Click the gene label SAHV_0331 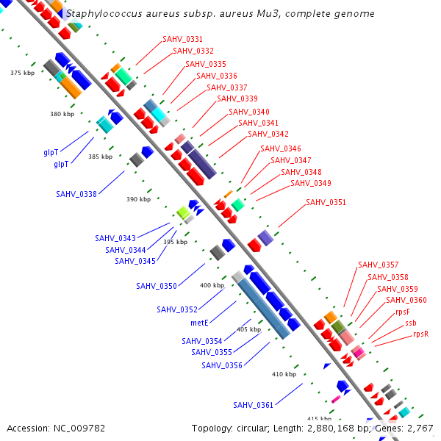pyautogui.click(x=182, y=39)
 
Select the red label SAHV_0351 pyautogui.click(x=326, y=202)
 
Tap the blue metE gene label pyautogui.click(x=199, y=323)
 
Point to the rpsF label pyautogui.click(x=403, y=312)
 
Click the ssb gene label pyautogui.click(x=411, y=323)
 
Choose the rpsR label pyautogui.click(x=420, y=334)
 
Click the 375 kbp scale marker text pyautogui.click(x=23, y=73)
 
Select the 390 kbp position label pyautogui.click(x=139, y=199)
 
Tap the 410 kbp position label pyautogui.click(x=284, y=374)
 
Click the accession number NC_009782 pyautogui.click(x=79, y=429)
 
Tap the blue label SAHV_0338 pyautogui.click(x=76, y=194)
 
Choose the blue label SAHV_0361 pyautogui.click(x=253, y=405)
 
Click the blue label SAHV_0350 pyautogui.click(x=157, y=286)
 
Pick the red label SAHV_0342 pyautogui.click(x=268, y=134)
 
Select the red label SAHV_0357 pyautogui.click(x=379, y=265)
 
